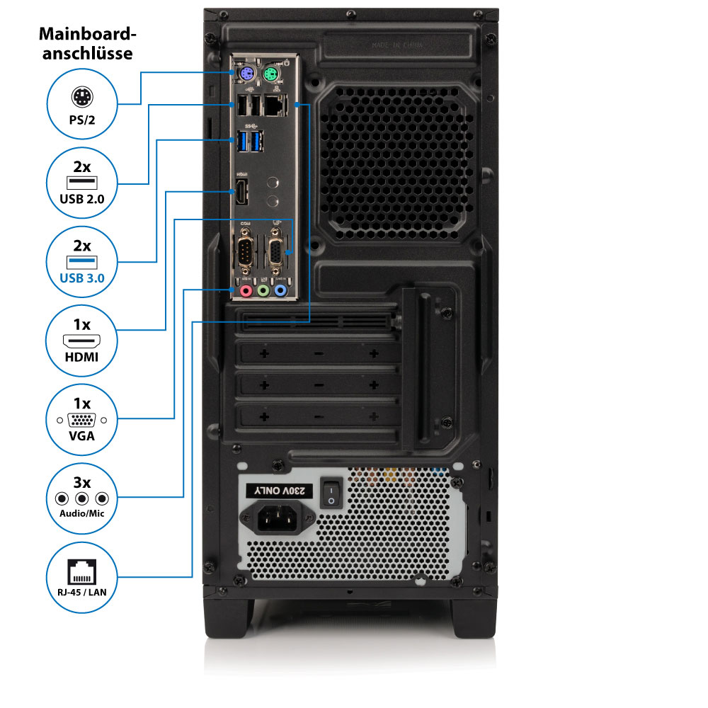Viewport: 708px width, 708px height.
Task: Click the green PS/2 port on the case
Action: tap(270, 74)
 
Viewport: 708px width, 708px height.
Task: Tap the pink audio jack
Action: tap(246, 290)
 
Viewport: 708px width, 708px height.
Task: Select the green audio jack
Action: tap(263, 290)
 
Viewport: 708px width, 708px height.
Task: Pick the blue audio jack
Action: tap(280, 290)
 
